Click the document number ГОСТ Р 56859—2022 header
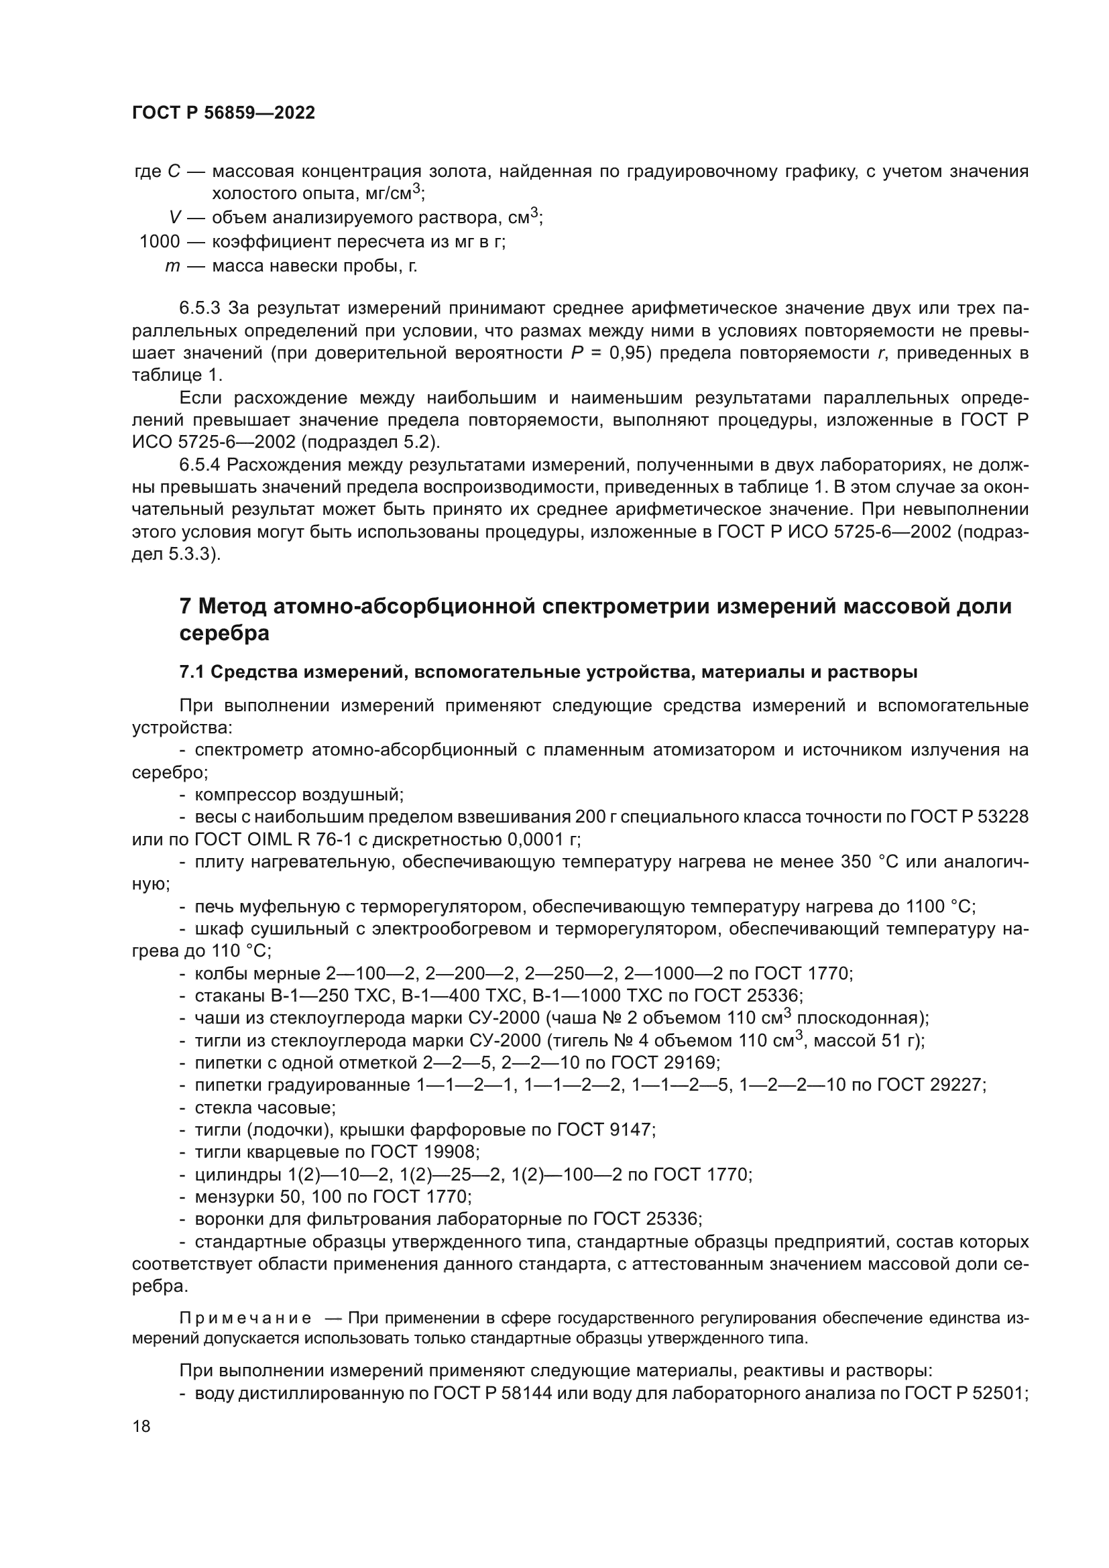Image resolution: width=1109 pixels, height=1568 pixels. (x=223, y=113)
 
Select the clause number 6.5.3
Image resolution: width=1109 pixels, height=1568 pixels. (x=199, y=308)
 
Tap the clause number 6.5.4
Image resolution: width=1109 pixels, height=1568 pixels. (x=199, y=465)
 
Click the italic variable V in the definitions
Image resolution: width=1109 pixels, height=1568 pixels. (x=176, y=218)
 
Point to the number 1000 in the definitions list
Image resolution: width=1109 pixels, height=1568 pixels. (x=160, y=242)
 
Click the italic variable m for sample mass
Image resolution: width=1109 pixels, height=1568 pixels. (x=172, y=265)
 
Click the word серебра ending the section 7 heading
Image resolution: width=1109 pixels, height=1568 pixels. (x=224, y=633)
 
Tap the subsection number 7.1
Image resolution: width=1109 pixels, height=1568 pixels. (x=192, y=672)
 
